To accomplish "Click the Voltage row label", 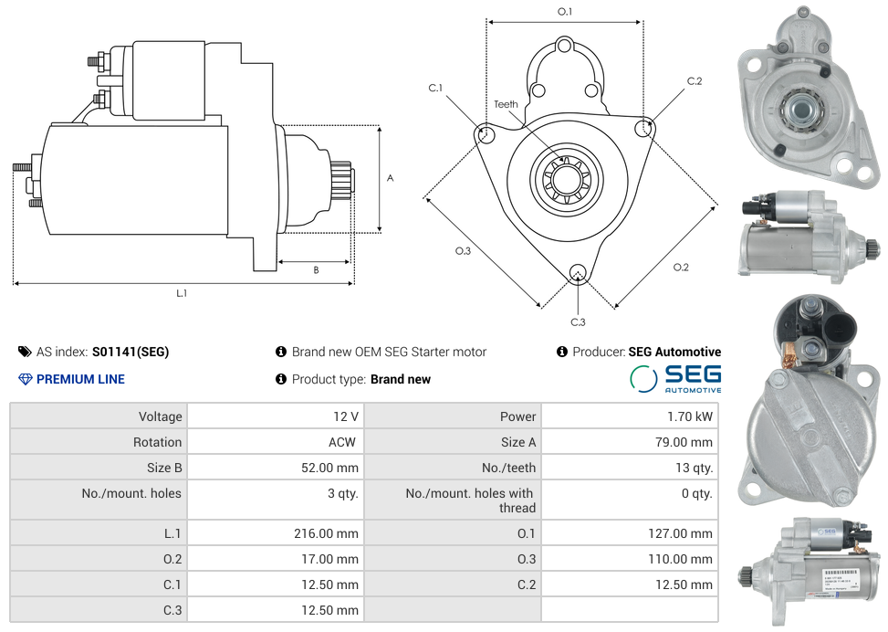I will pos(160,416).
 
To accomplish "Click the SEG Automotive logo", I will pos(676,379).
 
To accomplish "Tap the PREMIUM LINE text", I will pos(80,379).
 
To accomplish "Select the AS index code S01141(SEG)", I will pos(131,352).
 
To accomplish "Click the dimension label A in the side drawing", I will pos(390,178).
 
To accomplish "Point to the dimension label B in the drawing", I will pos(316,270).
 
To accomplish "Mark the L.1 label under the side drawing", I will pos(182,293).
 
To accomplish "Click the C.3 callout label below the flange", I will pos(578,321).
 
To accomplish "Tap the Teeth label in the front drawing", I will pos(506,104).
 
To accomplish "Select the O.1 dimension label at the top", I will pos(565,12).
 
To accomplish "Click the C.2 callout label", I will pos(695,81).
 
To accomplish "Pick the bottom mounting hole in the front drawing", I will pos(577,272).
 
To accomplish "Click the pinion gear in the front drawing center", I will pos(564,178).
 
